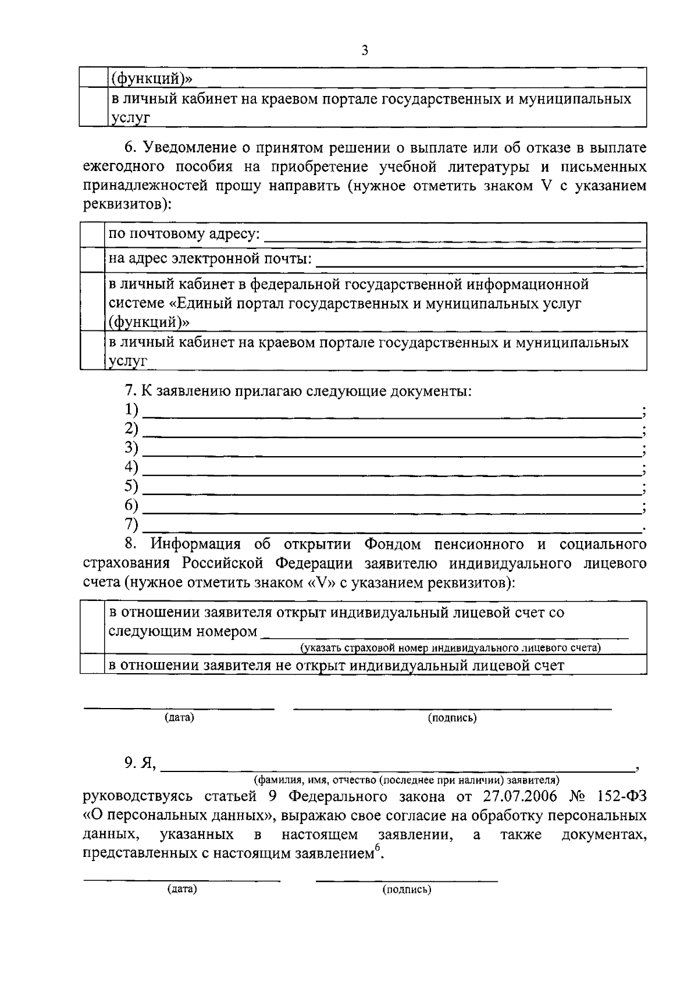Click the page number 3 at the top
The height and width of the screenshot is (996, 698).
pos(365,51)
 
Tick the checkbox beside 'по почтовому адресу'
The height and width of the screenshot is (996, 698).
pos(92,234)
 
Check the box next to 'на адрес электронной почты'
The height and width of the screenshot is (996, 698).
pos(92,259)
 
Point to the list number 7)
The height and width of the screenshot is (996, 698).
pos(131,524)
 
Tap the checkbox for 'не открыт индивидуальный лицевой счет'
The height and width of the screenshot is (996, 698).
pos(92,665)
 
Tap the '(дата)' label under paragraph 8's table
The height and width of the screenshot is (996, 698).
pos(179,718)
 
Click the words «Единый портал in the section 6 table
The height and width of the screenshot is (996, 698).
pos(227,304)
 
